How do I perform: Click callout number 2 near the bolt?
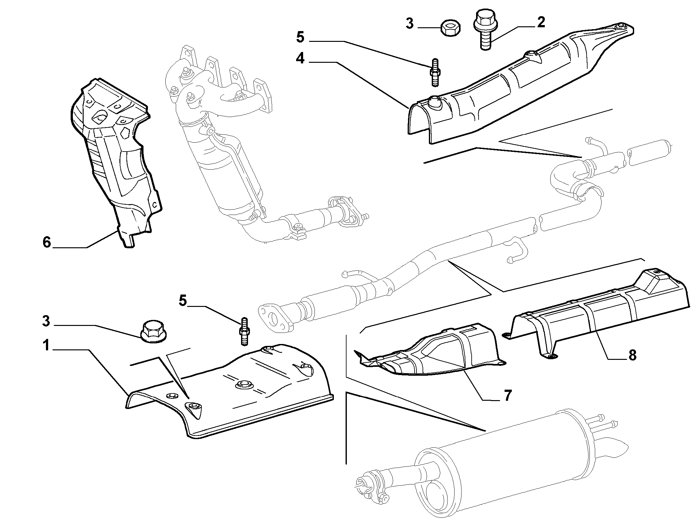(540, 23)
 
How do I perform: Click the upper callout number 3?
(410, 23)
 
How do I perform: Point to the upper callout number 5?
(300, 37)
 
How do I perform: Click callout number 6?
(47, 243)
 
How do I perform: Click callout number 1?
(47, 346)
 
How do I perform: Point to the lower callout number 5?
(183, 301)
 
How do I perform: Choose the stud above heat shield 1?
(245, 331)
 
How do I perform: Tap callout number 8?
(632, 355)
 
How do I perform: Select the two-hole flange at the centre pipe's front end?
(273, 318)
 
